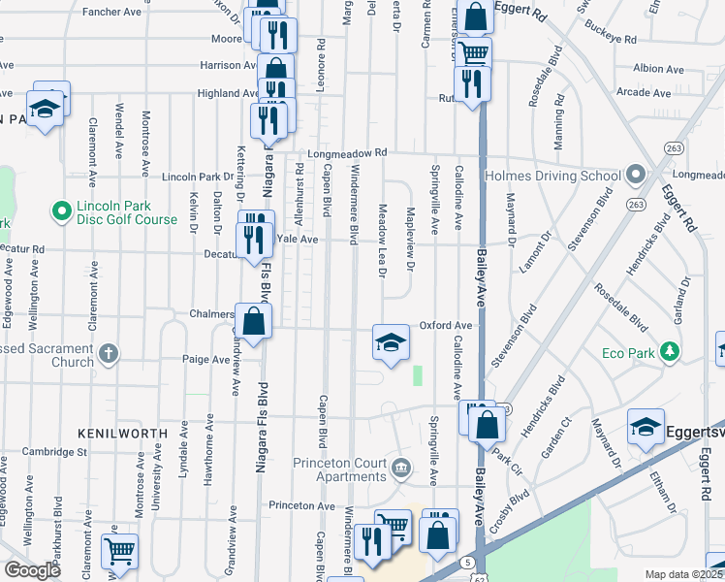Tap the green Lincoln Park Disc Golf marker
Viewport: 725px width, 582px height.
pos(61,209)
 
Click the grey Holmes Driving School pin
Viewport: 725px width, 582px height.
pos(635,176)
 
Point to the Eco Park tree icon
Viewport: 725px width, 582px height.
pos(668,350)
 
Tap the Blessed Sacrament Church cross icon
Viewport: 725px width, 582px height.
pos(109,353)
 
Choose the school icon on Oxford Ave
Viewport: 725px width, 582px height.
pos(390,342)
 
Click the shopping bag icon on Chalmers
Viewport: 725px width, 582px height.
pos(253,322)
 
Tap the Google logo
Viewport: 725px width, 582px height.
pos(32,570)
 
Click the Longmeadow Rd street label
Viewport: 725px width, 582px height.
pos(347,153)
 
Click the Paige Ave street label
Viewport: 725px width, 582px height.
pos(205,359)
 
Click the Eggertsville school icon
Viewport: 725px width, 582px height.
pos(646,427)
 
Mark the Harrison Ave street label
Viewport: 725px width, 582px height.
pos(221,65)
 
